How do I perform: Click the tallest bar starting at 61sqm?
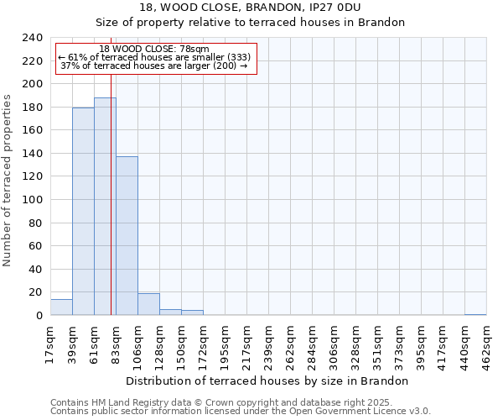pos(105,207)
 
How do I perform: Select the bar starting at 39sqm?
pos(83,212)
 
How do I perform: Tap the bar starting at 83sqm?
pos(127,236)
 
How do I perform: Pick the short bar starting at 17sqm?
pos(61,307)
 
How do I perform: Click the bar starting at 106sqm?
pos(148,304)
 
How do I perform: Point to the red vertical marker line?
pos(111,210)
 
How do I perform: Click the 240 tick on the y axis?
pos(33,38)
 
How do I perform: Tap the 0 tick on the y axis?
pos(39,316)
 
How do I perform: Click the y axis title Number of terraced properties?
pos(8,181)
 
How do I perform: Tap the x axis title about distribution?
pos(268,381)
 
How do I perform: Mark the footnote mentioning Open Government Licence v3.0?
pos(241,412)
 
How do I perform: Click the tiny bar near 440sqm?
pos(475,314)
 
